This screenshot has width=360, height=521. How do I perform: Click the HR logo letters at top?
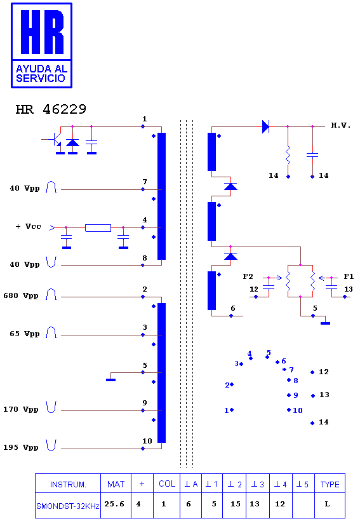point(42,32)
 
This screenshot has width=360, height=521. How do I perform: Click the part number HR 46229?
point(51,109)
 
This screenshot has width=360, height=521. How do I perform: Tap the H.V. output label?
point(341,125)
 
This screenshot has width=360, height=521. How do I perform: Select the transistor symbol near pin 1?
point(55,140)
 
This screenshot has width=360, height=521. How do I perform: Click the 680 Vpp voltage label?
point(21,295)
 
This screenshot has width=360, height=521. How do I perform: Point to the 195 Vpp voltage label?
point(21,447)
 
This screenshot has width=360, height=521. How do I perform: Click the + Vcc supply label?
point(28,226)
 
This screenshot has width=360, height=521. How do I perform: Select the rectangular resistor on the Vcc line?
point(98,228)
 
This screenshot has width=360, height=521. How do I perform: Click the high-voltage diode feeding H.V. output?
point(265,126)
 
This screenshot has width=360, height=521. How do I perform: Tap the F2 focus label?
point(248,276)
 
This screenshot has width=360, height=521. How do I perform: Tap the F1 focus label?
point(349,276)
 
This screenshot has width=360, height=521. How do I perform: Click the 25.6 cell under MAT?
point(114,504)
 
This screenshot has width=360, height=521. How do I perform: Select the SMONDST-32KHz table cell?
point(68,506)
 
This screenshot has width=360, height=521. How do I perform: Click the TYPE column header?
point(330,484)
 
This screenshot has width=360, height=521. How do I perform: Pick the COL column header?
point(167,484)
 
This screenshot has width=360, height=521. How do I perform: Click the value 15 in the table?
point(236,504)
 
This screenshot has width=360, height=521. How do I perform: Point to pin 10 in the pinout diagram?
point(298,410)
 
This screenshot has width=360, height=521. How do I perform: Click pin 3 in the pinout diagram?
point(236,363)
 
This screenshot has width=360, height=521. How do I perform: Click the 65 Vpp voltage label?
point(24,334)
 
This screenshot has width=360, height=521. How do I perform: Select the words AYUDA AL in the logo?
point(41,69)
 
